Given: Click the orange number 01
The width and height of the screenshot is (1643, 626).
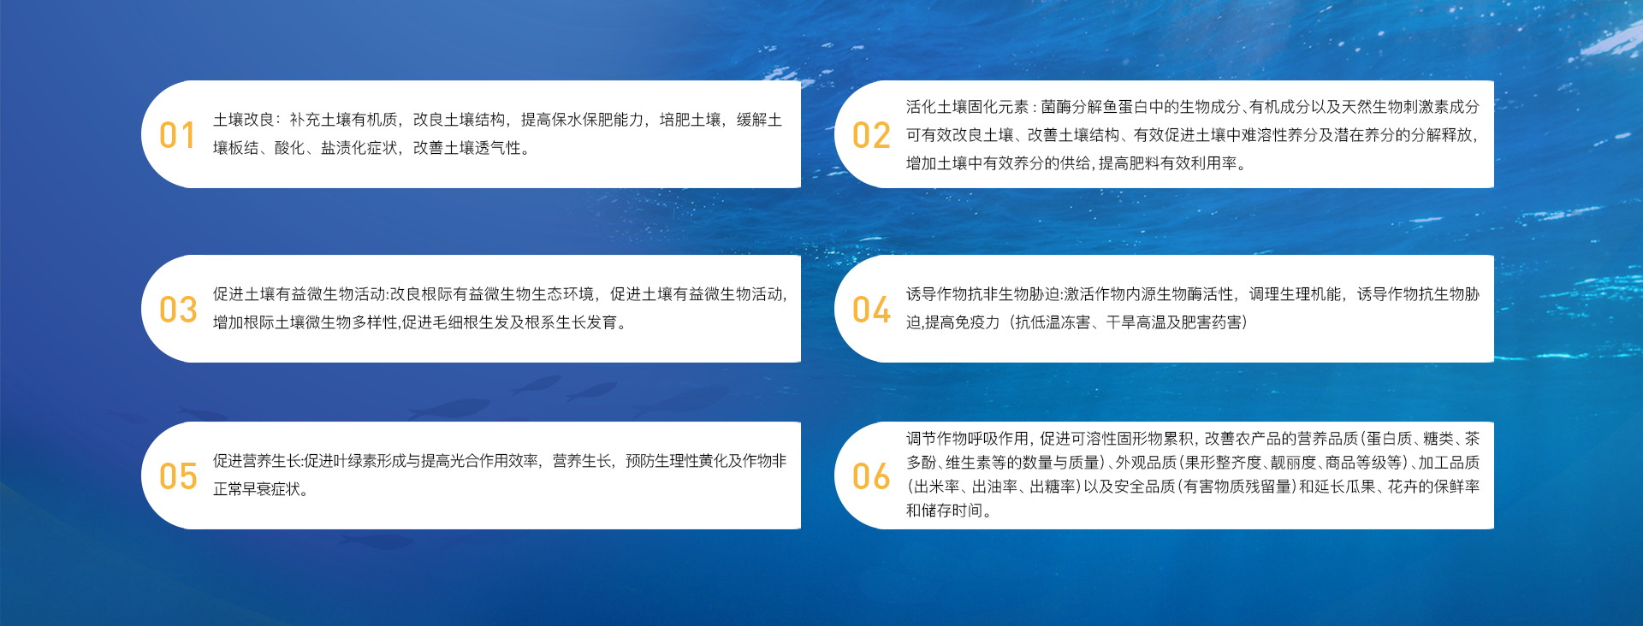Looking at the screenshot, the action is click(177, 135).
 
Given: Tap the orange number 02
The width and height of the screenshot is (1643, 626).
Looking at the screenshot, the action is click(871, 135).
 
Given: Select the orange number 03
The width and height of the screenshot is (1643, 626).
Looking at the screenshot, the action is click(178, 310).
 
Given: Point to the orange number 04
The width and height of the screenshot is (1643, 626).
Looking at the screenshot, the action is click(871, 310).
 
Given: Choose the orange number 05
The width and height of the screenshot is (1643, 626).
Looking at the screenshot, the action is click(178, 476).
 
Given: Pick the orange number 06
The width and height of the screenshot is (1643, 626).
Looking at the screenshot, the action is click(871, 476).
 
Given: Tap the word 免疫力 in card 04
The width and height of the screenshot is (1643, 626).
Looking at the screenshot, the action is click(976, 322).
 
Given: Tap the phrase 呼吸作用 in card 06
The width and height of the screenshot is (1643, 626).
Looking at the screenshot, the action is click(998, 439).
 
